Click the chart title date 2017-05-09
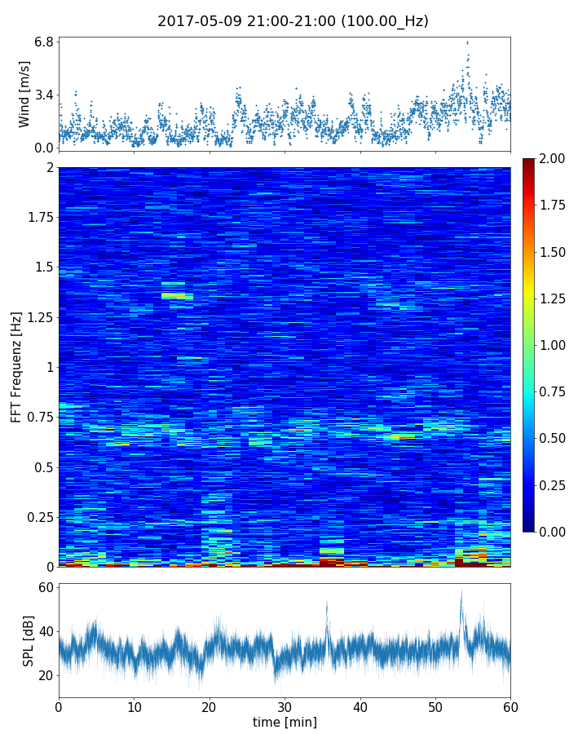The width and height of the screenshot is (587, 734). (199, 21)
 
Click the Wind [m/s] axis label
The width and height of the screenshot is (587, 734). (24, 94)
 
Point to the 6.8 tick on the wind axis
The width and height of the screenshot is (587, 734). (44, 42)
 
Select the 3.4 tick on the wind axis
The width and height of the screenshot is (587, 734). (44, 95)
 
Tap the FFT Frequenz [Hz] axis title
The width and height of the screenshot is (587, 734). (16, 366)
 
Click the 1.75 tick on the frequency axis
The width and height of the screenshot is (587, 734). (38, 218)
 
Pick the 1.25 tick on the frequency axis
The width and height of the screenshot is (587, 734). (38, 317)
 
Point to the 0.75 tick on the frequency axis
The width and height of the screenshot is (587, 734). (38, 417)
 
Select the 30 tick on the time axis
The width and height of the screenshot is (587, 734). (285, 706)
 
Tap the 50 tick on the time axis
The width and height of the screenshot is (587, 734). (435, 706)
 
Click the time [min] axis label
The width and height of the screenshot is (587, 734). (285, 722)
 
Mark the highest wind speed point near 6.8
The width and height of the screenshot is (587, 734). (467, 42)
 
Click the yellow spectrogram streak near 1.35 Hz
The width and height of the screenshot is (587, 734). (177, 296)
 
